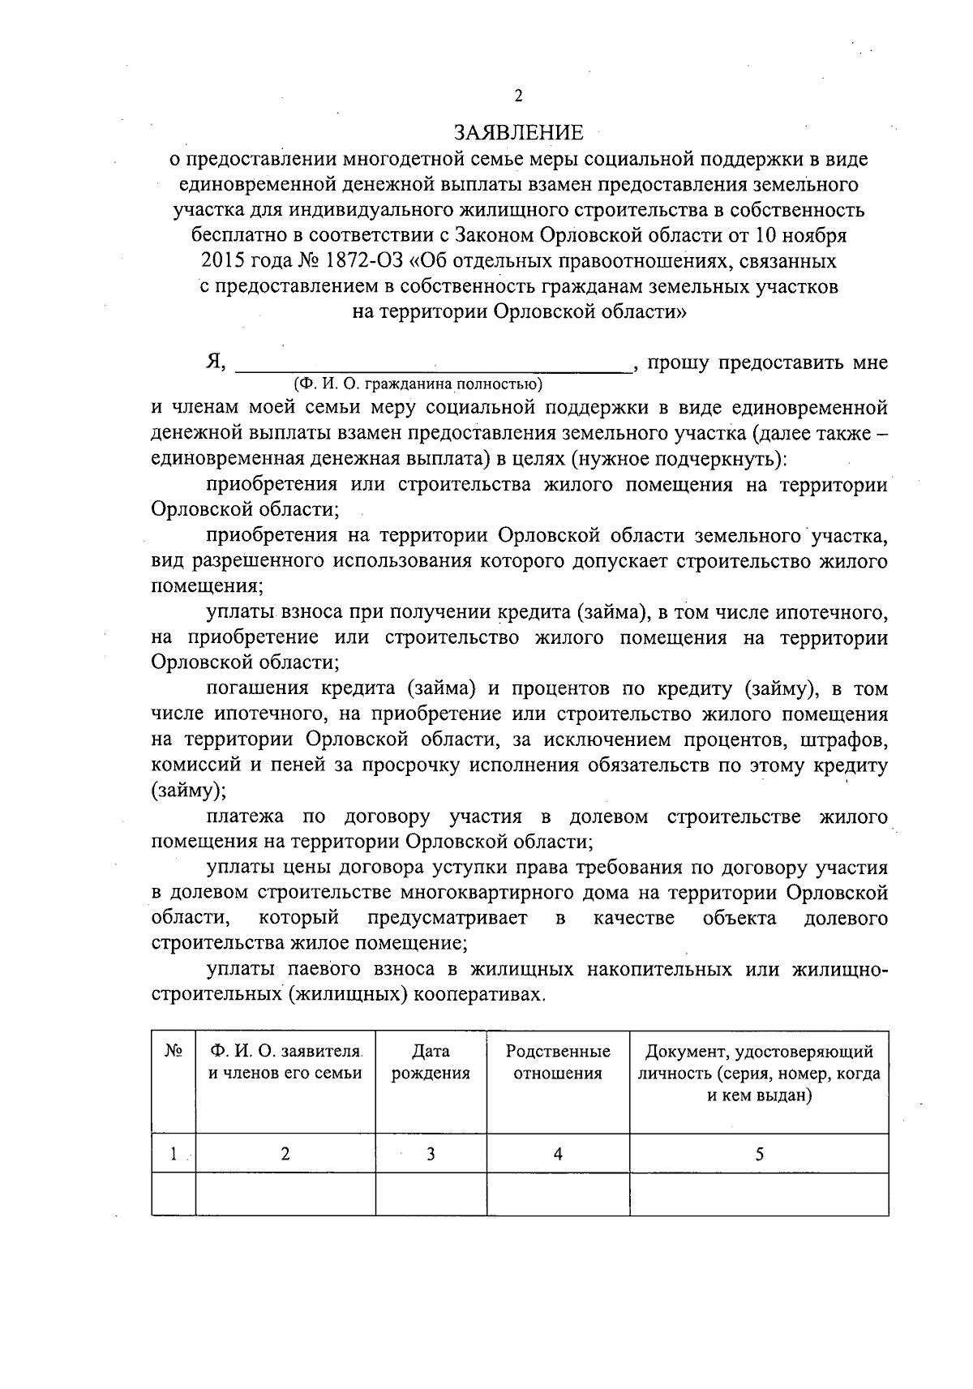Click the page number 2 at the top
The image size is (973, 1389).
[x=518, y=96]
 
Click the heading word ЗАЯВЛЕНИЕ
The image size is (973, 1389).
[x=518, y=132]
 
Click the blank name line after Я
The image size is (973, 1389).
[x=433, y=363]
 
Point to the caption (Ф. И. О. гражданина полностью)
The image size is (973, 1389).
[x=418, y=384]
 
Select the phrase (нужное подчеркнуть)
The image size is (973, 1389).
[x=678, y=459]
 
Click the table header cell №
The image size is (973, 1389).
[x=173, y=1051]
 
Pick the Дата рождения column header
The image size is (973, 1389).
[x=431, y=1062]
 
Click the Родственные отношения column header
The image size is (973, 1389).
[x=558, y=1062]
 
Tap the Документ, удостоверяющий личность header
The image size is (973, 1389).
[x=759, y=1074]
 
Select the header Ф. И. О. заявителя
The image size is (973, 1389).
[x=285, y=1052]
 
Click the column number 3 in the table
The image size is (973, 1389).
[x=431, y=1154]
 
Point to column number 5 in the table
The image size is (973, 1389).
[x=759, y=1154]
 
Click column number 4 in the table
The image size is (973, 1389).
[x=558, y=1154]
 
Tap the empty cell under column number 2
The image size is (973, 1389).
[x=285, y=1194]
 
